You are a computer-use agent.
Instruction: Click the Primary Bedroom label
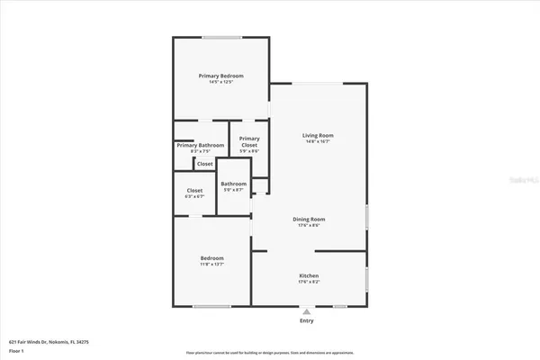tap(220, 76)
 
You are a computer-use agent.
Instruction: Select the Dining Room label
tap(309, 219)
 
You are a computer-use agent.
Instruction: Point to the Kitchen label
tap(309, 275)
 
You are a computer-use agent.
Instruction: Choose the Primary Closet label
tap(249, 141)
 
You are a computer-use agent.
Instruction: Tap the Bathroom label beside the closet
tap(233, 184)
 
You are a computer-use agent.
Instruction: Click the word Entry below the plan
tap(308, 320)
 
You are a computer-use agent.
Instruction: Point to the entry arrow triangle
tap(308, 310)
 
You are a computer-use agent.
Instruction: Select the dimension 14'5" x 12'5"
tap(220, 83)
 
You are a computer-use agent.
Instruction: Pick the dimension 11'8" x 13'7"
tap(212, 265)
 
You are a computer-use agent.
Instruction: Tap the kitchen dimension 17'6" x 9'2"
tap(309, 282)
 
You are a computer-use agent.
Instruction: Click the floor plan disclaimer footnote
tap(269, 353)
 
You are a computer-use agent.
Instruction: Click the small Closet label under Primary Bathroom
tap(205, 164)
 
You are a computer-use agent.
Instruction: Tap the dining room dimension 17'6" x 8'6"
tap(309, 225)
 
